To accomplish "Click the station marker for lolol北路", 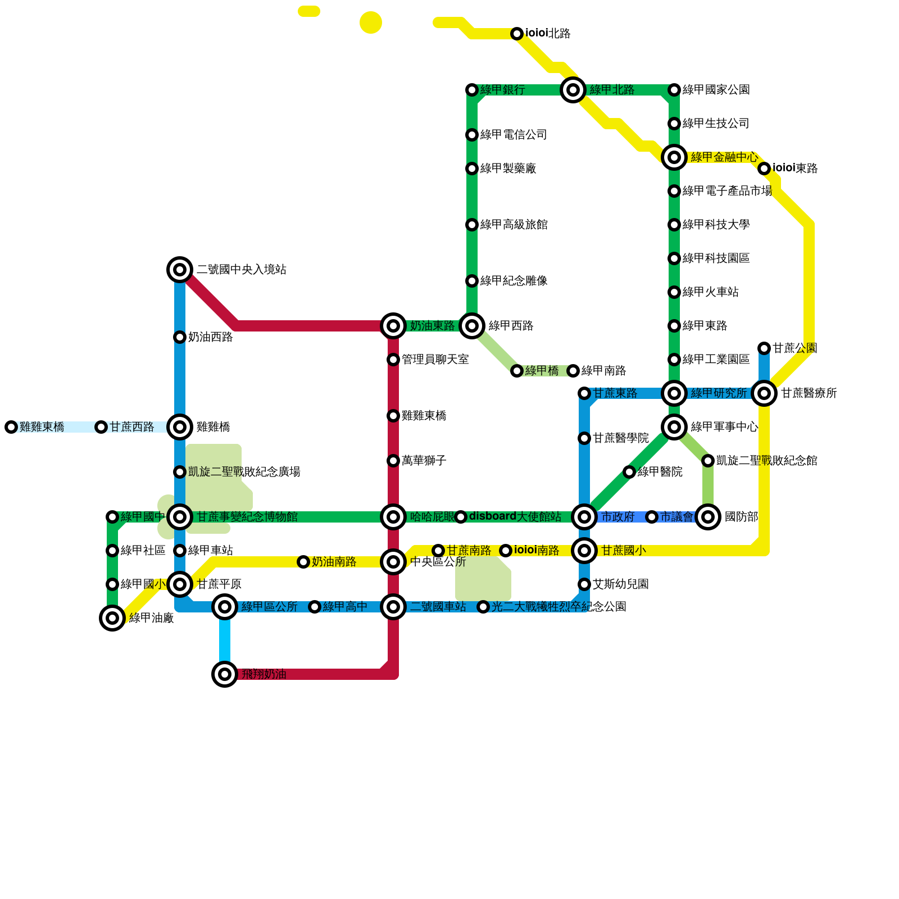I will (x=517, y=34).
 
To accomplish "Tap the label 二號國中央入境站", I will (x=241, y=270).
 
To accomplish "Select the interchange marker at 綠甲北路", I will (x=573, y=90).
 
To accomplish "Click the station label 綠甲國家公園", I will (x=716, y=90).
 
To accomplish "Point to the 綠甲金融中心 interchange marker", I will (x=674, y=157).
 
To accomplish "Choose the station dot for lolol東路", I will (x=764, y=169).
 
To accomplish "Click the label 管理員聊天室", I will (x=435, y=360).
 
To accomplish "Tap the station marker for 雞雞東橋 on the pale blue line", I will (x=11, y=427).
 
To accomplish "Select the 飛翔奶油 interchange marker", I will (x=225, y=674).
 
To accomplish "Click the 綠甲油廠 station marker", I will (x=112, y=618).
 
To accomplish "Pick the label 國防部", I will (x=741, y=517).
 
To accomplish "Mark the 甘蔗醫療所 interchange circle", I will (x=764, y=393).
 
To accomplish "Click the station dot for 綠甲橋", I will (x=517, y=371).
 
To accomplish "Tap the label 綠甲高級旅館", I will (x=514, y=225).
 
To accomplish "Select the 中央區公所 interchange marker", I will (x=393, y=562).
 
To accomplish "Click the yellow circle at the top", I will (x=371, y=22).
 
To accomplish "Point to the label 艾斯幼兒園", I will (x=620, y=584).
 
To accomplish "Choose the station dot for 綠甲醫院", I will (x=629, y=472).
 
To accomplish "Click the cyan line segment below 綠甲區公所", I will (x=225, y=641).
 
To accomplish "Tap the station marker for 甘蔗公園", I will (x=764, y=348).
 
